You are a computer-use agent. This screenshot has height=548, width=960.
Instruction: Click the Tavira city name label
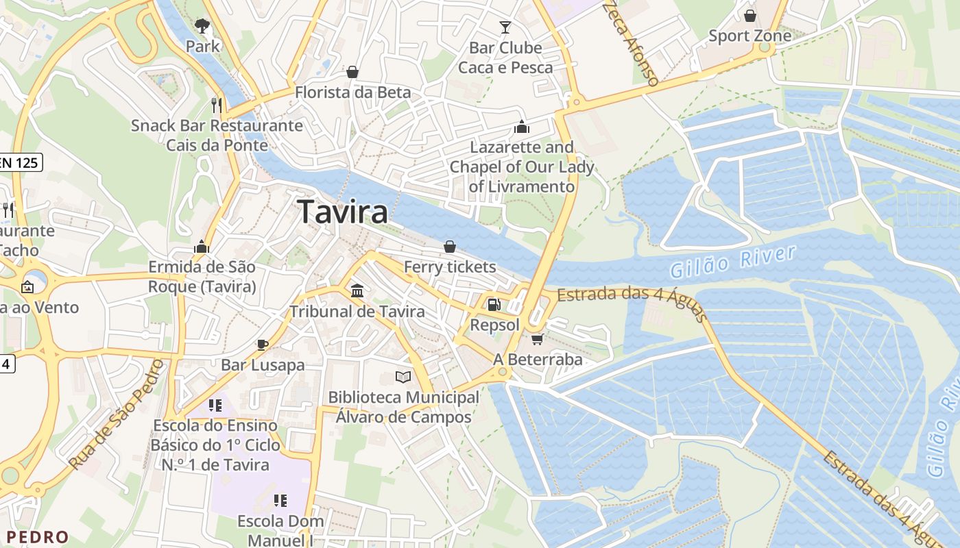pyautogui.click(x=343, y=212)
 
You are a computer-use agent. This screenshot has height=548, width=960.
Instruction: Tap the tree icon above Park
pyautogui.click(x=202, y=26)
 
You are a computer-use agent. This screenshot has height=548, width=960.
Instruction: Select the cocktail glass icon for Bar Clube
pyautogui.click(x=505, y=27)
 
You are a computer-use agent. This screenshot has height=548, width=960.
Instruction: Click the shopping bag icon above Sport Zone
pyautogui.click(x=750, y=15)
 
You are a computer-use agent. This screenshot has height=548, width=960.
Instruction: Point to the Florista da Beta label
pyautogui.click(x=353, y=92)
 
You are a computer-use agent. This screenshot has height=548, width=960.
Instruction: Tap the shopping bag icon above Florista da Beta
pyautogui.click(x=352, y=72)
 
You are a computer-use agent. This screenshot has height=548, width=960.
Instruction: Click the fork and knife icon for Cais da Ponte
pyautogui.click(x=217, y=105)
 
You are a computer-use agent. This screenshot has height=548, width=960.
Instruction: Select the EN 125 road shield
pyautogui.click(x=21, y=162)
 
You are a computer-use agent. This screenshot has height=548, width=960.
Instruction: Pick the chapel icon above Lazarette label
pyautogui.click(x=522, y=127)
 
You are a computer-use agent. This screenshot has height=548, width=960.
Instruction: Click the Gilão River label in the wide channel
pyautogui.click(x=733, y=262)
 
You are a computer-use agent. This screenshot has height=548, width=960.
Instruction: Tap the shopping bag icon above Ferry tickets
pyautogui.click(x=450, y=247)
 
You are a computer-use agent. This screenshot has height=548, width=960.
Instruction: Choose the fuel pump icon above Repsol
pyautogui.click(x=494, y=304)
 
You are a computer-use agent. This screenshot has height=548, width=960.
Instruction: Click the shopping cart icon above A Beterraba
pyautogui.click(x=538, y=339)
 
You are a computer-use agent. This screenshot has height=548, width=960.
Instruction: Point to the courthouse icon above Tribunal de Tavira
pyautogui.click(x=357, y=291)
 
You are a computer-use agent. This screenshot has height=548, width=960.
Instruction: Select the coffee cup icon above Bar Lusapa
pyautogui.click(x=263, y=344)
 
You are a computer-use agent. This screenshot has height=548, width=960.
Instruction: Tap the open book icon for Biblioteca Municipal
pyautogui.click(x=403, y=377)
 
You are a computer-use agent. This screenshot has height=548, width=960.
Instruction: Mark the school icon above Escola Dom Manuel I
pyautogui.click(x=280, y=501)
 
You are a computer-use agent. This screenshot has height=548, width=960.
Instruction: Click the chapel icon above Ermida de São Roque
pyautogui.click(x=202, y=247)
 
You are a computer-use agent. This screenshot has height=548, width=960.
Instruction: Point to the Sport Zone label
pyautogui.click(x=749, y=36)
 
